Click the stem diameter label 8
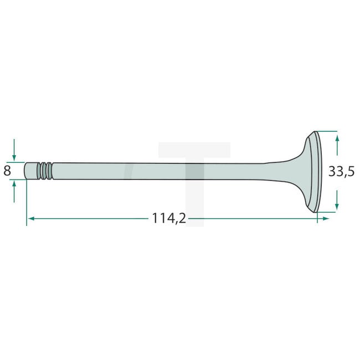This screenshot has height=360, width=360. point(7,171)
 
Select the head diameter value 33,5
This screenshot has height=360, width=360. point(341,171)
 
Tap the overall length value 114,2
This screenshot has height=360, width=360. point(169,218)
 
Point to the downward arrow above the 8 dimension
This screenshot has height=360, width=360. point(14,150)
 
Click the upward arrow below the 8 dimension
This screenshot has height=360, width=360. point(14,191)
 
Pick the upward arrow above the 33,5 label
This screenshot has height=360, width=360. point(337,145)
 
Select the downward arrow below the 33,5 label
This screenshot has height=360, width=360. point(337,200)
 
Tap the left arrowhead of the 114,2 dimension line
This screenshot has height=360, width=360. point(31,219)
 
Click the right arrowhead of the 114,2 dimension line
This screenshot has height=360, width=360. point(326,219)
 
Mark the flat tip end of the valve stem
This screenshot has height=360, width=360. point(25,171)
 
